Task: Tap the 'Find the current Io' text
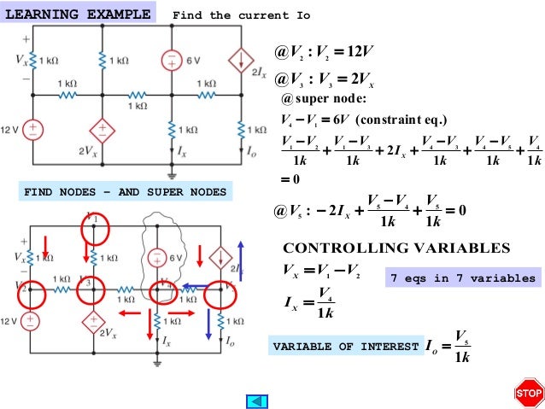point(242,15)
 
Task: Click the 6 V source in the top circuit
point(172,60)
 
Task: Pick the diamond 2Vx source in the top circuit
point(103,131)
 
